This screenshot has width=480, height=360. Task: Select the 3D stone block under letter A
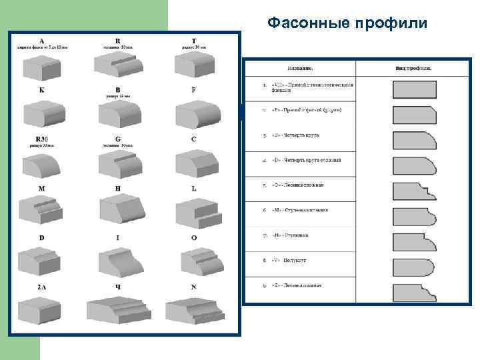click(42, 67)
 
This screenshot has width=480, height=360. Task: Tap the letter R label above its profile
click(117, 40)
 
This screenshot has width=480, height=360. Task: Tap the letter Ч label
click(117, 287)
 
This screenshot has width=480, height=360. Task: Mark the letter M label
click(41, 189)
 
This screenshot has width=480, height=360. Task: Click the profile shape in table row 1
click(414, 89)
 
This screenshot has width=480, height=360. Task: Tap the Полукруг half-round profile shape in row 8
click(414, 267)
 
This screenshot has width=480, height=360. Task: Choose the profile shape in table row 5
click(414, 192)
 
